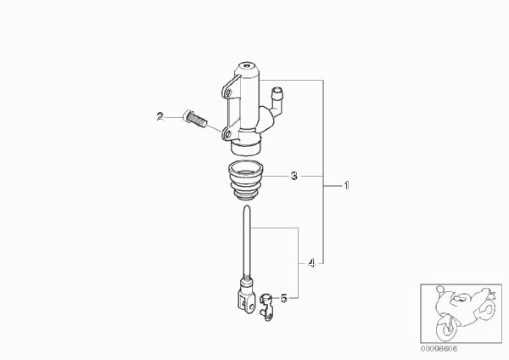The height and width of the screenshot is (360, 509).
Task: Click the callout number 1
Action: click(347, 186)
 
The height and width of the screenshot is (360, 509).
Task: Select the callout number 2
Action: click(160, 116)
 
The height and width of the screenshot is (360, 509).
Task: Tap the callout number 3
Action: click(294, 176)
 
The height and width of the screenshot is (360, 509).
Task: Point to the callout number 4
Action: click(311, 263)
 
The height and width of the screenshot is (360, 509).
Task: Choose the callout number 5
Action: click(283, 298)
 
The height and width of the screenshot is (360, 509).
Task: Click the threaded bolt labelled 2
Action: click(195, 120)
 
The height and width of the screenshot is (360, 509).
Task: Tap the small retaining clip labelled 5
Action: click(266, 307)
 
